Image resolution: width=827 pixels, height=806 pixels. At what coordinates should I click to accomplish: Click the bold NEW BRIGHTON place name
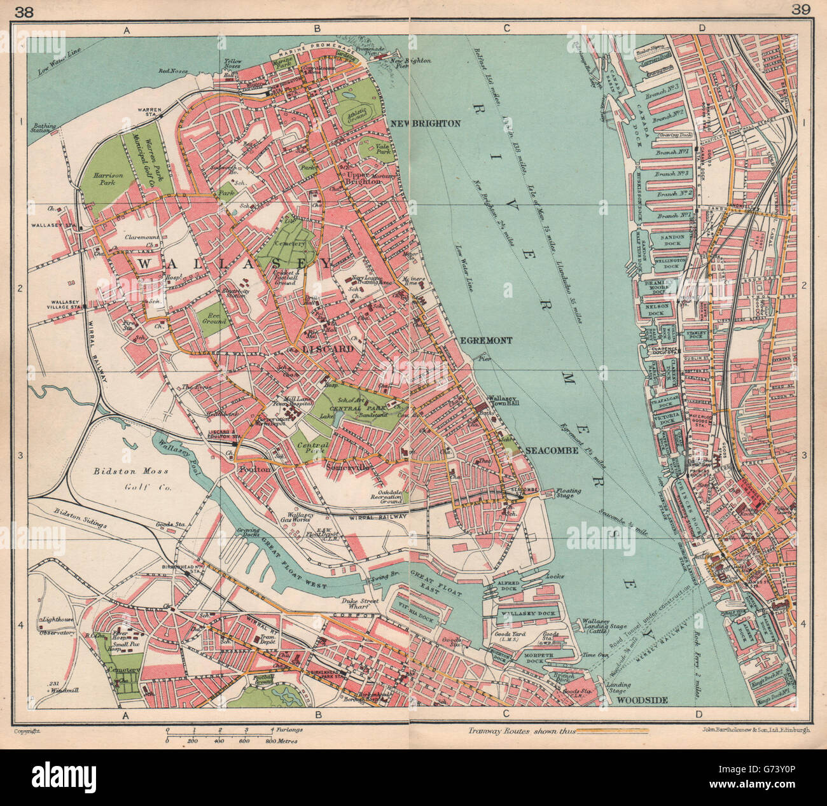(425, 123)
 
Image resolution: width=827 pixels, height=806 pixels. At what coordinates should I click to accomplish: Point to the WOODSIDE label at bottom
(641, 700)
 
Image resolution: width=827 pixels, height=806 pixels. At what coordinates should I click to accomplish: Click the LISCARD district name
(328, 349)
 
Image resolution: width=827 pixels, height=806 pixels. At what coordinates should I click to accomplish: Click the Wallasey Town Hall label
(505, 403)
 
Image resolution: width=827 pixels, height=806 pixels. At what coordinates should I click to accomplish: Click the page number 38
(26, 9)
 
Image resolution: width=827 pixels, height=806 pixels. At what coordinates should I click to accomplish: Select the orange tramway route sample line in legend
(612, 732)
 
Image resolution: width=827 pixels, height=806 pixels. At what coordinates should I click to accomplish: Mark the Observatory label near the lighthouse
(57, 634)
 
